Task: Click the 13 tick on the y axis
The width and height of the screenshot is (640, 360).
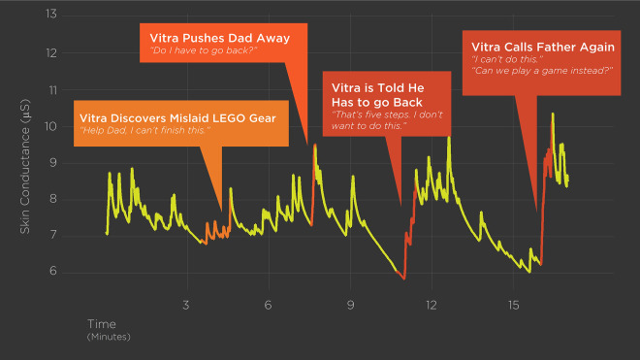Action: pos(51,15)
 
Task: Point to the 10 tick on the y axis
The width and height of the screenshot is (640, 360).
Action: pos(51,126)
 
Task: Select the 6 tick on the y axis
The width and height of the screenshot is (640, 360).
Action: pos(53,271)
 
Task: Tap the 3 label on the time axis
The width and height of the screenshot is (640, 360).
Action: pos(186,305)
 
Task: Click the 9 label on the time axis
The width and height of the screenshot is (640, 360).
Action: pos(350,305)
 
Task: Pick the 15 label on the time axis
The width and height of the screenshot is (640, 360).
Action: pos(514,305)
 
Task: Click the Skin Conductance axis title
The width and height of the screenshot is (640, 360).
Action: pos(25,166)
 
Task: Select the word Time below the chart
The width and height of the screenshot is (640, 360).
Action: pos(102,324)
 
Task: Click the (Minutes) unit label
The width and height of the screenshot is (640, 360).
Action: pos(109,337)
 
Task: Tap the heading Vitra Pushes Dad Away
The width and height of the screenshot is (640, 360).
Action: pos(219,38)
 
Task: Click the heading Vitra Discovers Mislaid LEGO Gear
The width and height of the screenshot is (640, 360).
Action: pos(177,118)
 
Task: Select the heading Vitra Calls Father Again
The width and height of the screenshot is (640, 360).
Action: pos(543,47)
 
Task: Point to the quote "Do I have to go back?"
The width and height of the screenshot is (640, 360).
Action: pos(204,50)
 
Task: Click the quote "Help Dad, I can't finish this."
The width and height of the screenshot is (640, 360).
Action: pos(144,130)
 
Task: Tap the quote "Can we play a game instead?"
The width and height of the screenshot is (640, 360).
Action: pos(542,71)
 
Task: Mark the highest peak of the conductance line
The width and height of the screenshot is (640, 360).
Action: pos(553,114)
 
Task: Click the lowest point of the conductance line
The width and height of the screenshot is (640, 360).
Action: pos(404,279)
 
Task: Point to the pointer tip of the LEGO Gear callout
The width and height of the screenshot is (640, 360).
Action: pos(222,212)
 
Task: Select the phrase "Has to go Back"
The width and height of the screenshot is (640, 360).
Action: pos(377,102)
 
